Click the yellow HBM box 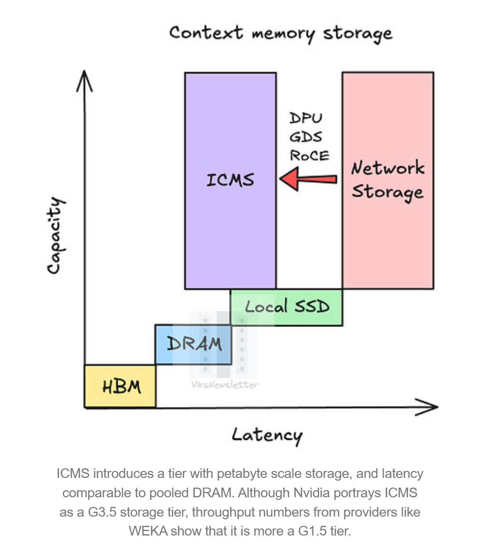120,386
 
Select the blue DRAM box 193,344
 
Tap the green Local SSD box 286,307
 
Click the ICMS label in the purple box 230,180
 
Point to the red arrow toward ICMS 308,179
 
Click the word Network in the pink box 387,168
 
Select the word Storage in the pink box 387,192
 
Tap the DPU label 306,118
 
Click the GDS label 306,137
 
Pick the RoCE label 309,156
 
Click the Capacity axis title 55,235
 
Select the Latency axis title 267,435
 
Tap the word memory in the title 283,34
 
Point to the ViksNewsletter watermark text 224,385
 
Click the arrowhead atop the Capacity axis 84,79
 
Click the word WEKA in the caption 148,531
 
